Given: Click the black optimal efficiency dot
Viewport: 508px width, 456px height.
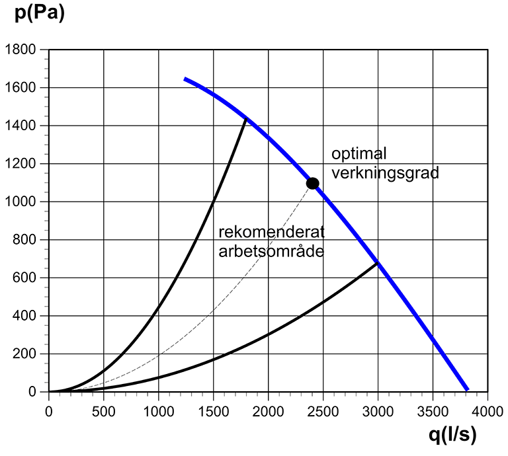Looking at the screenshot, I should click(313, 183).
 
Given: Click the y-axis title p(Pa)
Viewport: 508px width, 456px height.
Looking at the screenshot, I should click(40, 14).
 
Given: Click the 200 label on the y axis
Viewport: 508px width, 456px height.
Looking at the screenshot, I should click(28, 354).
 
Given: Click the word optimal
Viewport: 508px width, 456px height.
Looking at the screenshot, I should click(359, 154).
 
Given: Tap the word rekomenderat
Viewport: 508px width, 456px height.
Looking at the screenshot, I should click(271, 233).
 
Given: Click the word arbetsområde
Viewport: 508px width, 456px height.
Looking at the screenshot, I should click(271, 251).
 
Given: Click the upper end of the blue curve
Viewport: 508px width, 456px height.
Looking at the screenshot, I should click(185, 79).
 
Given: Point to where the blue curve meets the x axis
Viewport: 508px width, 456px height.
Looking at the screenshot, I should click(468, 390).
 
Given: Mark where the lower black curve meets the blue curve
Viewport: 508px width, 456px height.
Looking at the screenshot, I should click(378, 263).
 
